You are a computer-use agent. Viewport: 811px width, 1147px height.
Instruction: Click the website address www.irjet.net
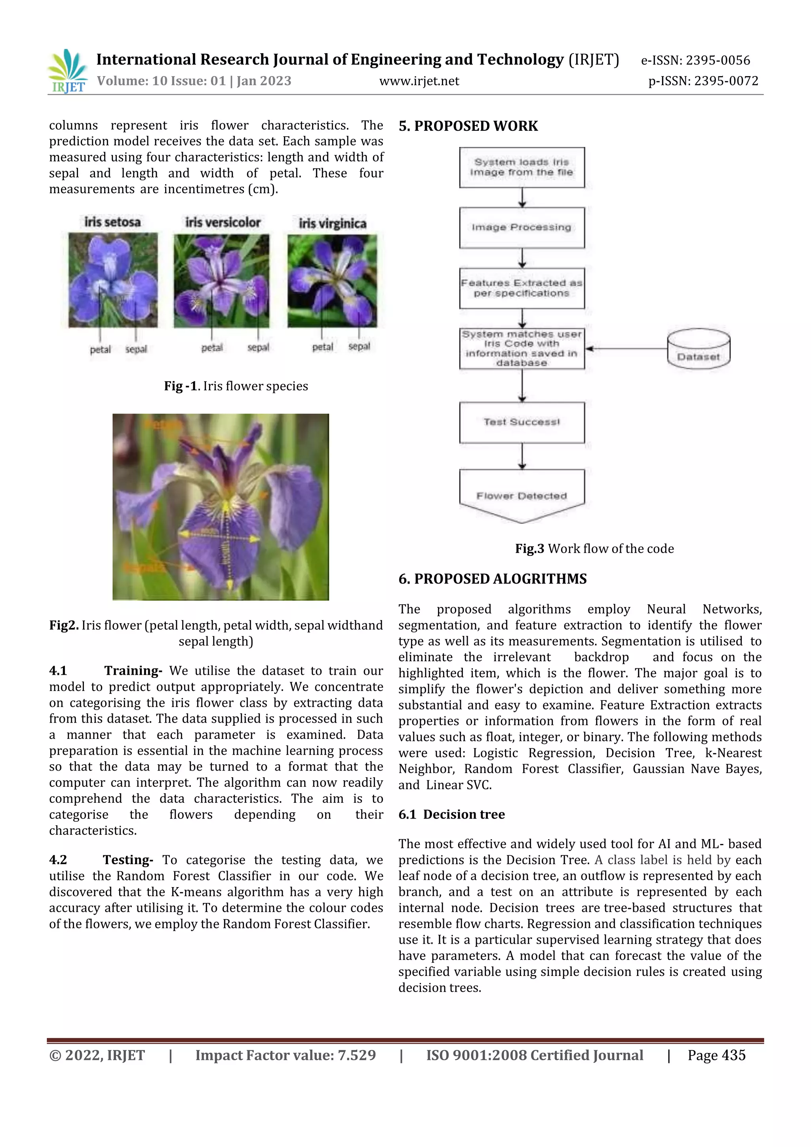(x=419, y=81)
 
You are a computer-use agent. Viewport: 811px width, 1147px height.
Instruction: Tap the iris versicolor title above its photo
(x=223, y=222)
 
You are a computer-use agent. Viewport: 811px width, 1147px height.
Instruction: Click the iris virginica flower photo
(x=332, y=281)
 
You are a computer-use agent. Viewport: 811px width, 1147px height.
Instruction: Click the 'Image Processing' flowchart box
(x=522, y=228)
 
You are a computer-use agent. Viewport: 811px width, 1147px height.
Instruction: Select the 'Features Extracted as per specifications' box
(x=522, y=288)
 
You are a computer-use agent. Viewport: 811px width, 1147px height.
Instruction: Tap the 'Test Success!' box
(x=522, y=422)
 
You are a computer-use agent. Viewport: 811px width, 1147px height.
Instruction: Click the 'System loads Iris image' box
(x=522, y=167)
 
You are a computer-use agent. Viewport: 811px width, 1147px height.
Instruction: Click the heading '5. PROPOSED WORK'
(x=468, y=126)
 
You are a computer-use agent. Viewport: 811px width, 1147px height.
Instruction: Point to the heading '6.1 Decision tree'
(x=451, y=814)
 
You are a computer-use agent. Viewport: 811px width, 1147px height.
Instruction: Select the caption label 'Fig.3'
(x=529, y=548)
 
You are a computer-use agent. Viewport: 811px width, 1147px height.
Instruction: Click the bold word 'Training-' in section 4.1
(x=133, y=670)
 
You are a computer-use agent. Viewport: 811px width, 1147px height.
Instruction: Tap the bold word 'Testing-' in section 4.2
(x=128, y=860)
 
